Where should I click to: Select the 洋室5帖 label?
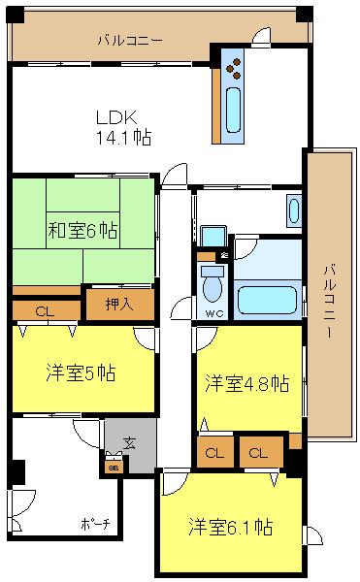tap(80, 373)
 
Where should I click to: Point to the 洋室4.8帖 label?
tap(246, 384)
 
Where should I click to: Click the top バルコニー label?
tap(129, 40)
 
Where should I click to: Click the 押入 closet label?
tap(118, 304)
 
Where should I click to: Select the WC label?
tap(213, 313)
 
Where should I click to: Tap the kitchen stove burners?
tap(234, 65)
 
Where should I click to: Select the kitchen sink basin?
tap(234, 110)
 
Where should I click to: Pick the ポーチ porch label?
tap(94, 525)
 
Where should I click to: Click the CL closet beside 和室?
tap(43, 311)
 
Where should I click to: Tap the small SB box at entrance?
tap(114, 465)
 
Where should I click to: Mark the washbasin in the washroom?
tap(294, 210)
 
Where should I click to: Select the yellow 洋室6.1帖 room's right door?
tap(314, 534)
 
